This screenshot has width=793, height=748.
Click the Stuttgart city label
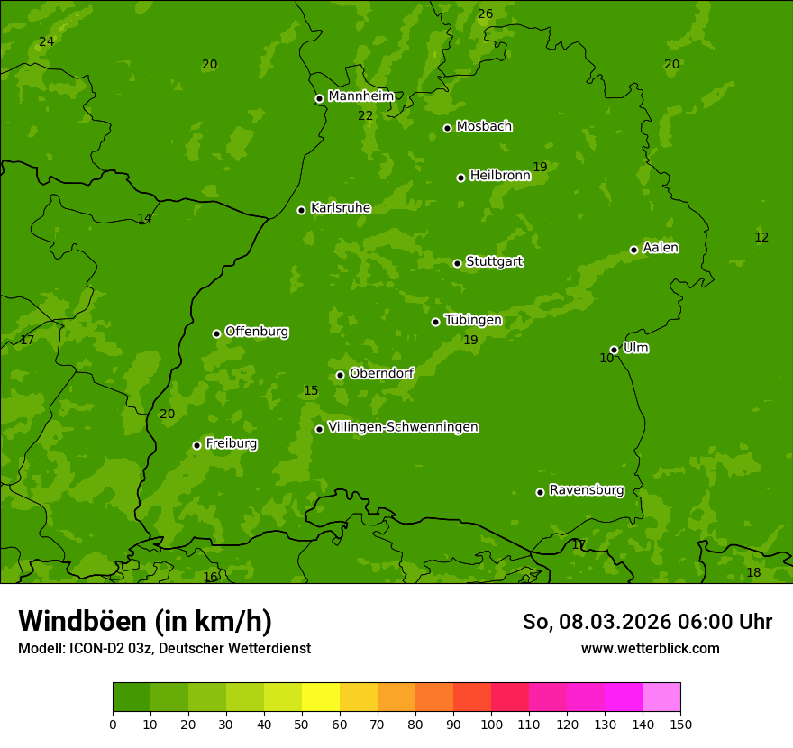[x=494, y=262]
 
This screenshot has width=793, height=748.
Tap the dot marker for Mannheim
[x=319, y=99]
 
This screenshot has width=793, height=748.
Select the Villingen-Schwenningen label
[x=403, y=427]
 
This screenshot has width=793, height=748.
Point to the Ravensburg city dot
[x=540, y=492]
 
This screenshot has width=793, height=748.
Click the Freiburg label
[x=231, y=443]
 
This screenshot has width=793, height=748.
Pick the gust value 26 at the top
[x=485, y=14]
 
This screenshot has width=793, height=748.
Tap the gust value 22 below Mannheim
[x=365, y=115]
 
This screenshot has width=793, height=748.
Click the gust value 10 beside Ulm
[x=606, y=358]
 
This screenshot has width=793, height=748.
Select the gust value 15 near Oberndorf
[x=311, y=390]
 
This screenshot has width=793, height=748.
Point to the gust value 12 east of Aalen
[x=761, y=237]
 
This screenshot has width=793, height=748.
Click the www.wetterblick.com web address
[x=650, y=648]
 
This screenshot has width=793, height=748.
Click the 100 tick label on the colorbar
[x=491, y=724]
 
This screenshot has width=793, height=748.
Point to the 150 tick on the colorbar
[x=679, y=724]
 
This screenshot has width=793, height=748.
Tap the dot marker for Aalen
[x=633, y=250]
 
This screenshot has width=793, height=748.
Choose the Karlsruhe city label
[x=340, y=208]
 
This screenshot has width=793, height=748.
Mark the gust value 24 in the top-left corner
[x=47, y=41]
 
